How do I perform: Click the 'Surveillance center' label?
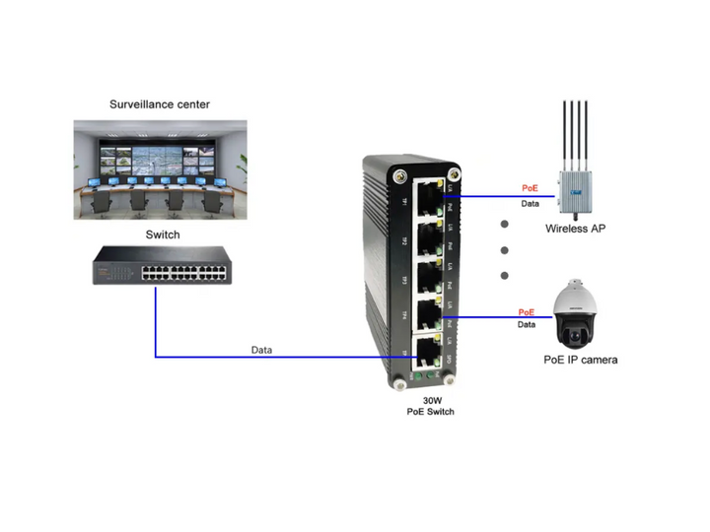click(159, 103)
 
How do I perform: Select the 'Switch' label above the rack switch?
click(163, 234)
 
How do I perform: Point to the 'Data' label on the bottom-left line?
click(261, 350)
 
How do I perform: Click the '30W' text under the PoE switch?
click(431, 400)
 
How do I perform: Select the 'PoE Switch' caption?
click(431, 412)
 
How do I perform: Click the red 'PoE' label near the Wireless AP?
click(531, 187)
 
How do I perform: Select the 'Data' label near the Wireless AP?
click(531, 204)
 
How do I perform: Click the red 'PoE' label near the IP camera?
click(527, 312)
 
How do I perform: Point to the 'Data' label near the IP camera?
click(527, 324)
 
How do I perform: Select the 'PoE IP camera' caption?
click(582, 360)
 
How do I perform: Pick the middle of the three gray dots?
click(505, 250)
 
